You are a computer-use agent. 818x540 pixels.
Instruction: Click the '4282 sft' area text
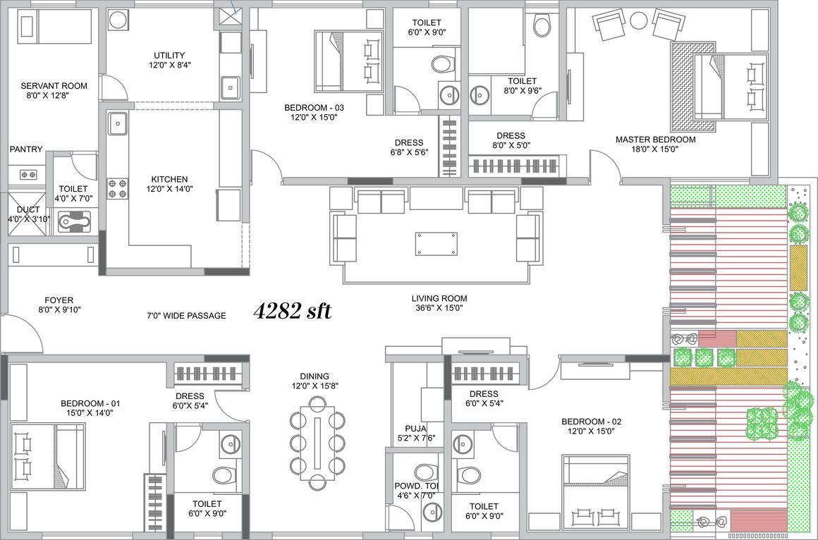pos(292,311)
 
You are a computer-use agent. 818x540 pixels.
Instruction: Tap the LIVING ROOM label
pos(439,298)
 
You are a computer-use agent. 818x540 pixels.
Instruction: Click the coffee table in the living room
pos(436,244)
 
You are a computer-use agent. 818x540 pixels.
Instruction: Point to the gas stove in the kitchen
pos(118,189)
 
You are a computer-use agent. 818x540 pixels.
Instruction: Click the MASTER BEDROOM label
pos(655,140)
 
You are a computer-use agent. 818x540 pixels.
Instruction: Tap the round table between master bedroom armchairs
pos(639,21)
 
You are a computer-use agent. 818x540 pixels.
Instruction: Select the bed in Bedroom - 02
pos(595,491)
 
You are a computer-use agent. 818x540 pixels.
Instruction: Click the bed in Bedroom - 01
pos(48,457)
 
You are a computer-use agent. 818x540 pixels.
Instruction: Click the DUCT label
pos(28,209)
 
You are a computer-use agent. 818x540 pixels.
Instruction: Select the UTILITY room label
pos(169,55)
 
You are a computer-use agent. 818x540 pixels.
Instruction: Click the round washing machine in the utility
pos(118,20)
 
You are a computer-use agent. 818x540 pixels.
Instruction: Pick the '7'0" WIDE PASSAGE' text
pos(186,315)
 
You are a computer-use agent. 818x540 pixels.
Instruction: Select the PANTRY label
pos(26,149)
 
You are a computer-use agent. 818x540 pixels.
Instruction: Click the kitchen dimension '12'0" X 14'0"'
pos(169,189)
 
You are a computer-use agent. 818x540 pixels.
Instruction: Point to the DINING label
pos(315,376)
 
